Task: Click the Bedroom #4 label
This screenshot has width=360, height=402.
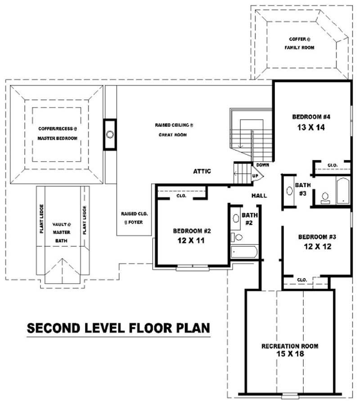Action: coord(311,117)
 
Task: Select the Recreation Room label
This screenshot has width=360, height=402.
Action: coord(290,346)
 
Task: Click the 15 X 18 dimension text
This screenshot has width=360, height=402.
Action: coord(290,354)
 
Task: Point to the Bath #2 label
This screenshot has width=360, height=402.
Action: coord(249,219)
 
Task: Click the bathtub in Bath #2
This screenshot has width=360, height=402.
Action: coord(244,252)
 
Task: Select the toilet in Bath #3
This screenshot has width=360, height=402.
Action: coord(324,198)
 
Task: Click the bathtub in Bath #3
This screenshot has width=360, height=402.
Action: coord(342,190)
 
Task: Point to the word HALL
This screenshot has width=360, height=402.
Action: coord(259,196)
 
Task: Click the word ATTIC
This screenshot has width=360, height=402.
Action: coord(202,171)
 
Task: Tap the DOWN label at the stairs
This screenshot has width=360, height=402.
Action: coord(262,165)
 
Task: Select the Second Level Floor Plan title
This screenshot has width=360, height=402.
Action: coord(118,328)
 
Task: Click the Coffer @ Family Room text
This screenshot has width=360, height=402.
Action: coord(299,43)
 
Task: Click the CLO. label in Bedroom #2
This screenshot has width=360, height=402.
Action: coord(182,196)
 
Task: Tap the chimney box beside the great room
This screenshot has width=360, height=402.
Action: coord(109,134)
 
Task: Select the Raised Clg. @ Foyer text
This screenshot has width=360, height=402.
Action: coord(134,217)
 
